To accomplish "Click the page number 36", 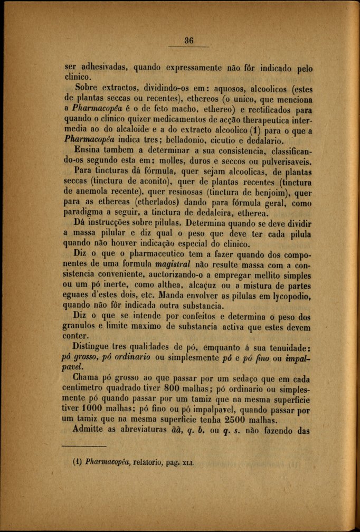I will [x=190, y=40].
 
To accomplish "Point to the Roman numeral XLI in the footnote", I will [x=188, y=464].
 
